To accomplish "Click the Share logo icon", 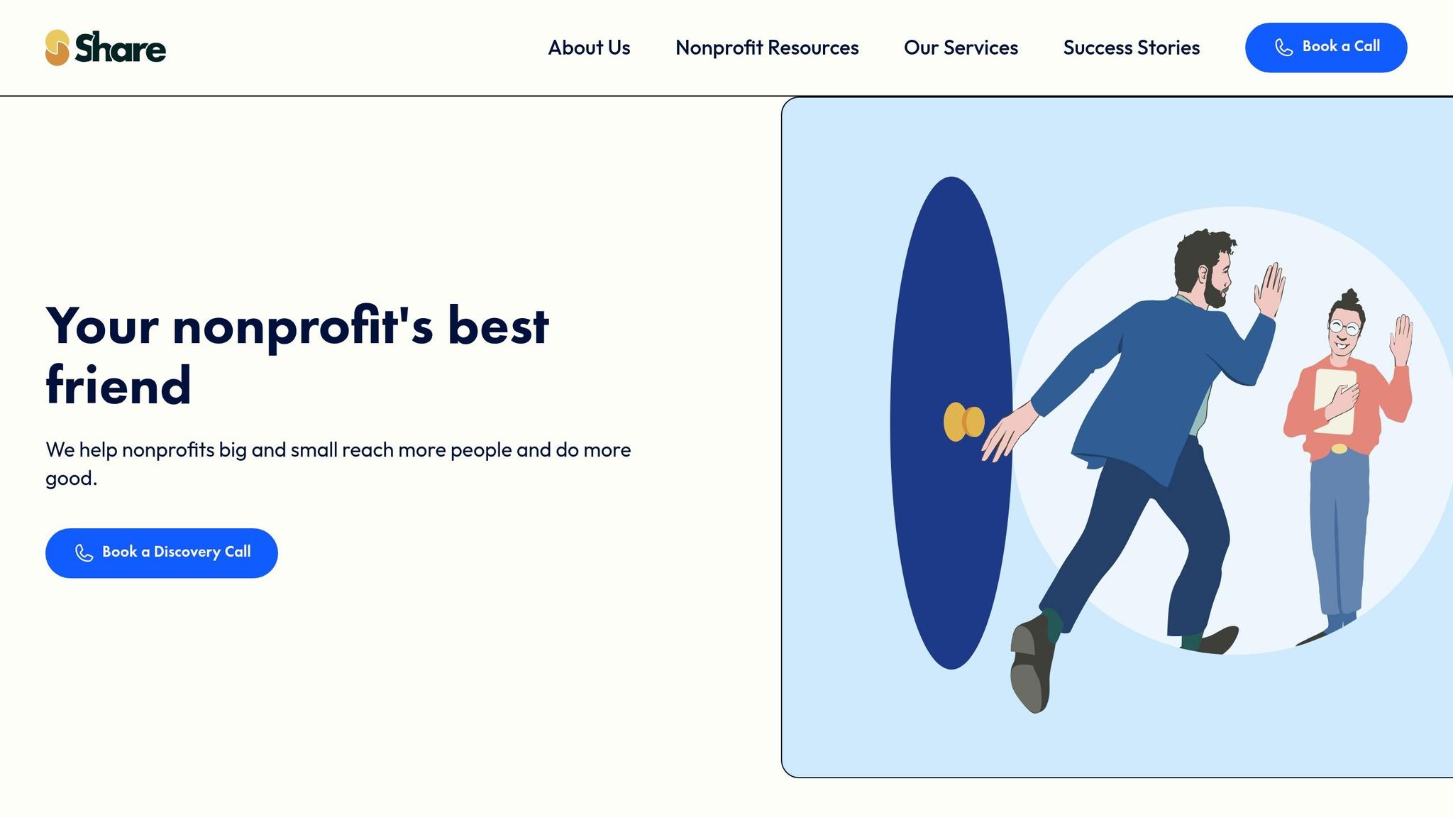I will tap(57, 48).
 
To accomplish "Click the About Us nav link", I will tap(589, 48).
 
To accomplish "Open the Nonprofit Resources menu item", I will tap(767, 48).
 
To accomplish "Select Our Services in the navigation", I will tap(961, 48).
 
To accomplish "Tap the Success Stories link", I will tap(1132, 48).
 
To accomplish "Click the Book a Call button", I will tap(1326, 48).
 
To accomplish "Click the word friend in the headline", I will tap(118, 386).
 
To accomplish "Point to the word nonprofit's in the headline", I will tap(302, 327).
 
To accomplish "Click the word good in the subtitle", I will tap(69, 479).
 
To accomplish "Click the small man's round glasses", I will tap(1344, 327).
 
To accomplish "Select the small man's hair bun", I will tap(1349, 297).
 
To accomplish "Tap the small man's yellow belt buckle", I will tap(1339, 448).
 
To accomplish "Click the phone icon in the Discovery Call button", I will tap(84, 553).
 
